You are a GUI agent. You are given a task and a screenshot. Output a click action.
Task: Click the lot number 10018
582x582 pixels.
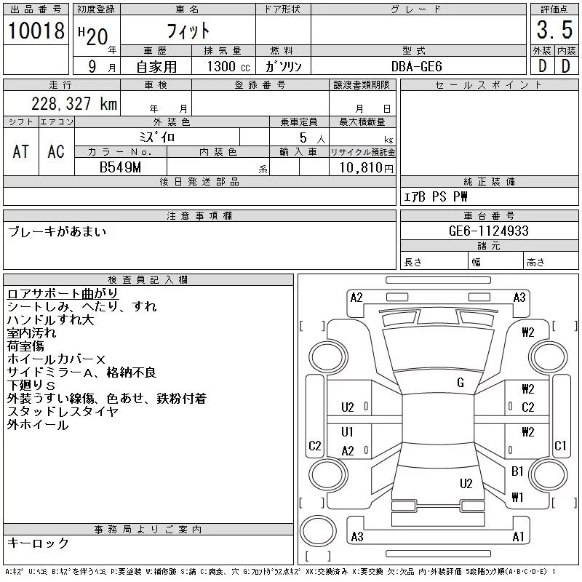click(x=36, y=31)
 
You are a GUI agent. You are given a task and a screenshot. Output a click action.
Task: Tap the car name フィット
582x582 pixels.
click(x=188, y=31)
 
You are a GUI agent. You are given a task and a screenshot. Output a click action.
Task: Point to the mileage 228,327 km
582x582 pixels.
click(x=73, y=103)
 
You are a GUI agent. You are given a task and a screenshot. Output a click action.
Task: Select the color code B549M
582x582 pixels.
click(x=121, y=167)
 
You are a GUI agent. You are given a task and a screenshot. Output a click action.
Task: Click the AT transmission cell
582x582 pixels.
click(x=20, y=151)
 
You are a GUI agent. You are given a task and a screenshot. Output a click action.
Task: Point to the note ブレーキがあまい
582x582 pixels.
click(x=57, y=232)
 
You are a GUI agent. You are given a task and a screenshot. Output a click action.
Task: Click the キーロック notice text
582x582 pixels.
click(x=38, y=543)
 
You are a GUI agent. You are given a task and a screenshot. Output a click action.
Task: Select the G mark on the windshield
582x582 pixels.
click(x=461, y=383)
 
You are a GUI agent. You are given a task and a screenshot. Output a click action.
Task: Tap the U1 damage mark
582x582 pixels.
click(x=347, y=432)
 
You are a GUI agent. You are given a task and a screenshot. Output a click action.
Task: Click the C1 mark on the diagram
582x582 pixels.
click(x=560, y=446)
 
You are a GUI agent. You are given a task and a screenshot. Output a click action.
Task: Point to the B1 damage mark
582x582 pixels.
click(x=517, y=471)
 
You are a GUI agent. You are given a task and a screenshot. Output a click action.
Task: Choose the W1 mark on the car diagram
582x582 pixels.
click(x=517, y=498)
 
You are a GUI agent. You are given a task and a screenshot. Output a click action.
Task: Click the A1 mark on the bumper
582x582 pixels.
click(x=519, y=537)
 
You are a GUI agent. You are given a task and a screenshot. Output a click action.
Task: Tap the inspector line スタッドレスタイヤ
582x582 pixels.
click(x=62, y=412)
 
